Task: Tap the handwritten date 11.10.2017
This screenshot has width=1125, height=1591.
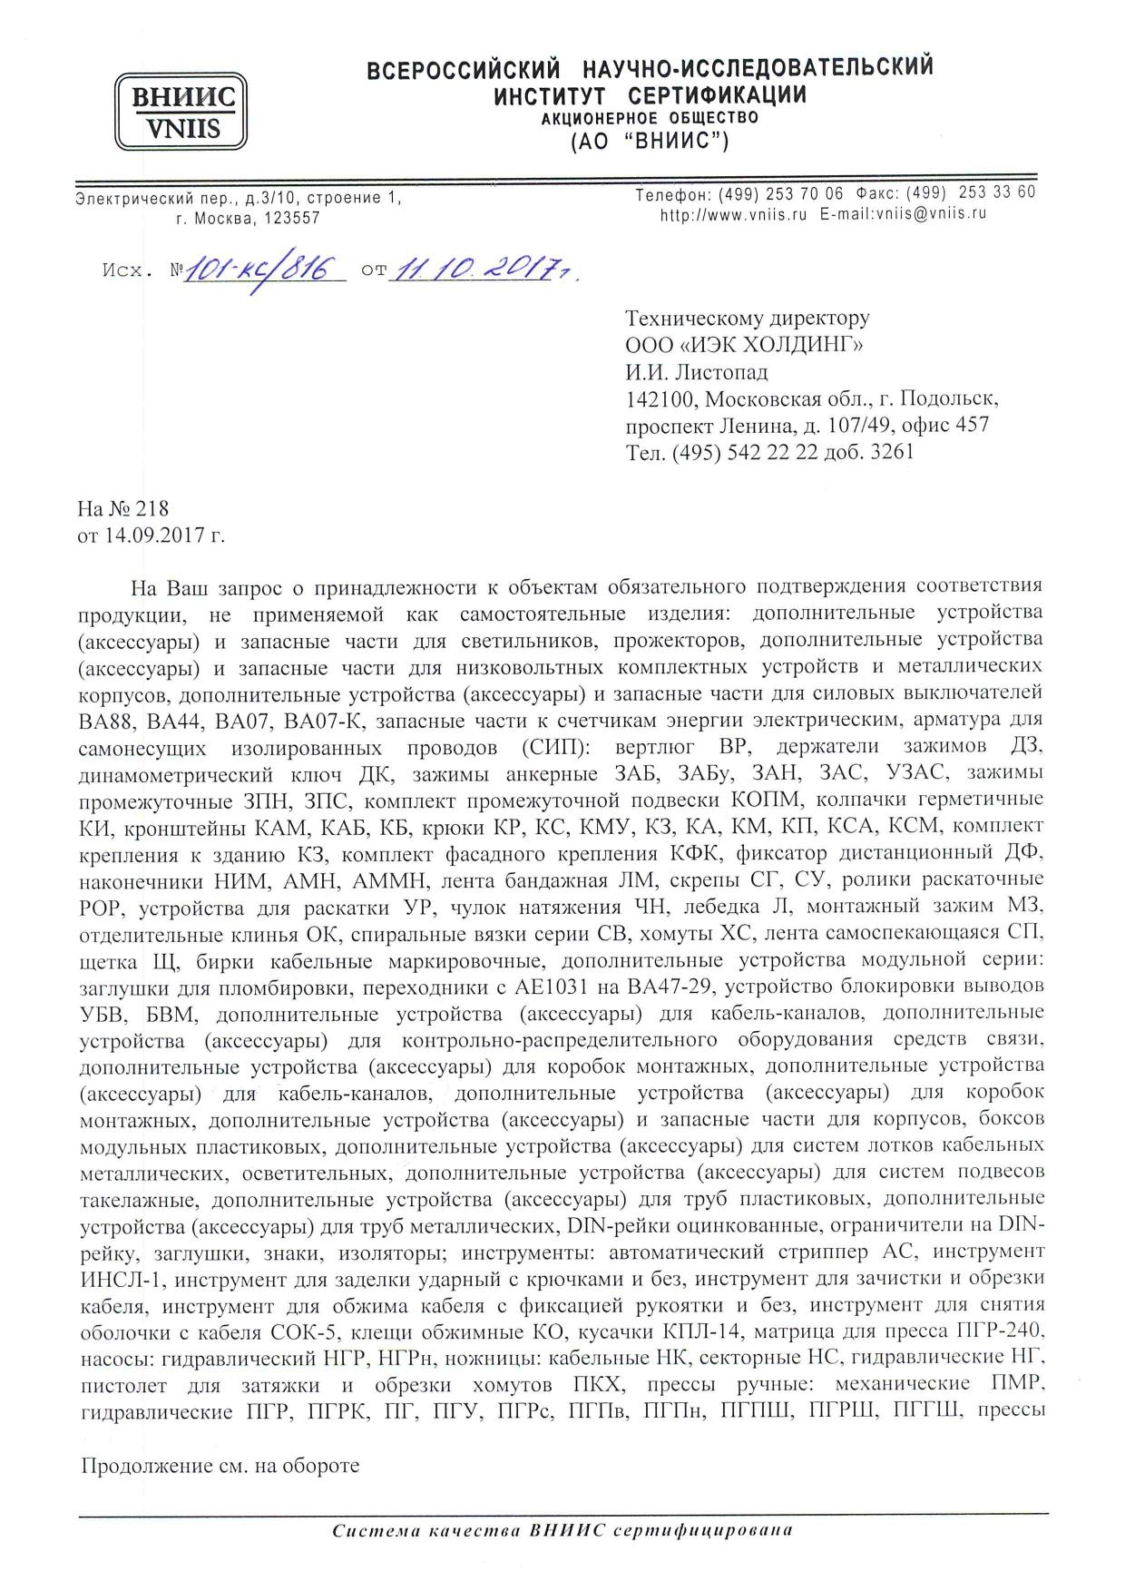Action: click(x=472, y=268)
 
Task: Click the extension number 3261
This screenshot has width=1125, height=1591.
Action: click(x=891, y=451)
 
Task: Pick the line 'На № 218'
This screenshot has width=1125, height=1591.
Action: click(x=123, y=509)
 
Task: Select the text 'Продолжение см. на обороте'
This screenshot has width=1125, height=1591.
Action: click(x=221, y=1466)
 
